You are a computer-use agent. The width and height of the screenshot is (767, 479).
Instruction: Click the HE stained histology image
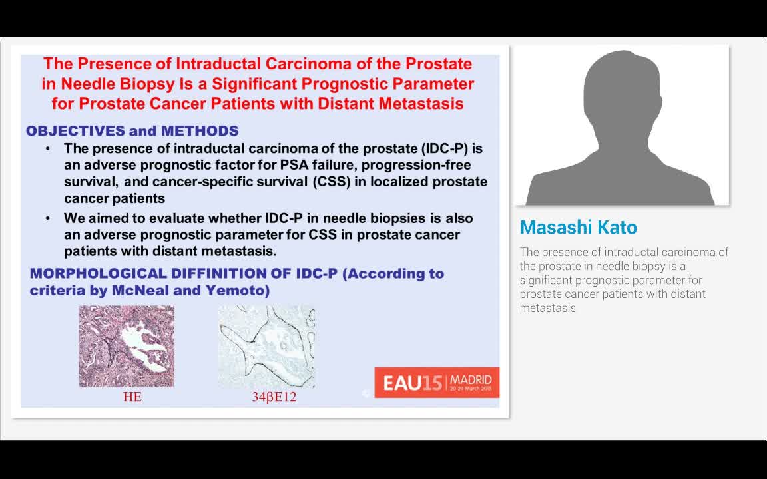[127, 346]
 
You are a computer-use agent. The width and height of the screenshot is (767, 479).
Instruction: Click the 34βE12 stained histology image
[267, 346]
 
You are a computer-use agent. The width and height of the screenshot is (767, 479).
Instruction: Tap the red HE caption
[132, 397]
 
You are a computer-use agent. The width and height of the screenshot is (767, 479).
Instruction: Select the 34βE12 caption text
[274, 397]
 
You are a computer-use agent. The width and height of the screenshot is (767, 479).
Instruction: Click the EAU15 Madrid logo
[437, 383]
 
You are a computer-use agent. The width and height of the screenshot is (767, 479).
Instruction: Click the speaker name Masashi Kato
[578, 228]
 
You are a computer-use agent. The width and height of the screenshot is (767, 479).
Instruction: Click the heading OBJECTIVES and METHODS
[132, 131]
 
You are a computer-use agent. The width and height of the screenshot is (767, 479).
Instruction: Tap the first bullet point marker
[48, 148]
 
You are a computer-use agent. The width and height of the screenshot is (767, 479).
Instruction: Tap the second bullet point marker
[48, 218]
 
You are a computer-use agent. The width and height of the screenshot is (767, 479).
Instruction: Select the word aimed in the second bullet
[109, 218]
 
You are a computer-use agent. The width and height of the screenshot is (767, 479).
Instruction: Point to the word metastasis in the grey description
[547, 308]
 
